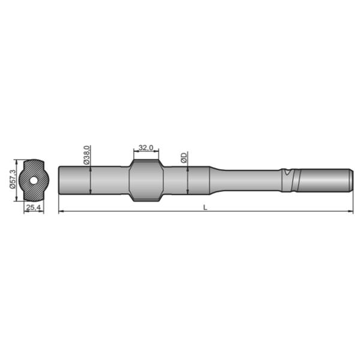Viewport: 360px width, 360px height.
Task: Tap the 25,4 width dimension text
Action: point(34,207)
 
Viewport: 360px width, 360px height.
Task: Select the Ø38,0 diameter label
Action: point(86,154)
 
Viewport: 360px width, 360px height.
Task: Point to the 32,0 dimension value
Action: point(146,147)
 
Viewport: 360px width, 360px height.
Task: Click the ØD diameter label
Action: point(184,158)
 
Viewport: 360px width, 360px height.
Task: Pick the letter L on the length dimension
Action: point(205,207)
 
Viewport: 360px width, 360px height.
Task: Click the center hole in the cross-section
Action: point(34,179)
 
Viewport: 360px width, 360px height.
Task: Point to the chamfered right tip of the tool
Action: point(349,179)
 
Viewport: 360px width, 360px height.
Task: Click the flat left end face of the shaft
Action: point(59,179)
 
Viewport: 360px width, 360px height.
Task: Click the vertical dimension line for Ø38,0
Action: point(90,180)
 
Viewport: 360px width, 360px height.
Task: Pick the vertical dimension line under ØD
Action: point(188,180)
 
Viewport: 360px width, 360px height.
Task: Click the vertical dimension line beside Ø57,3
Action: point(17,179)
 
